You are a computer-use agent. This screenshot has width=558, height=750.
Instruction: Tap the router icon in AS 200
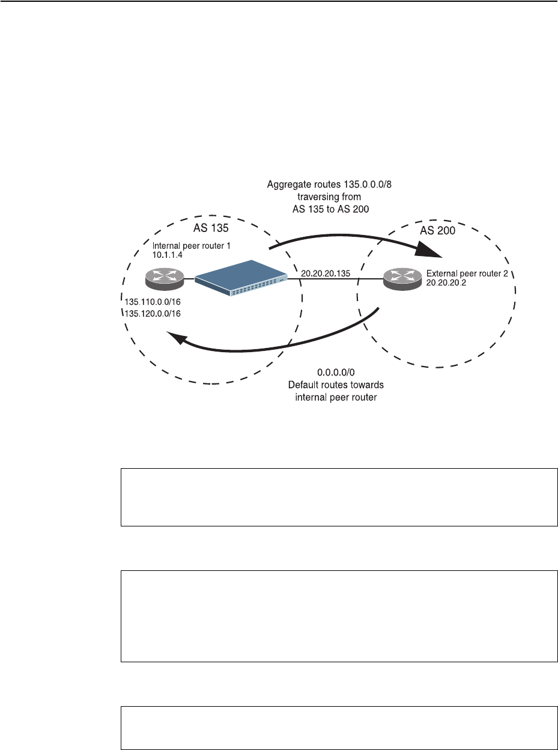[401, 278]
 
